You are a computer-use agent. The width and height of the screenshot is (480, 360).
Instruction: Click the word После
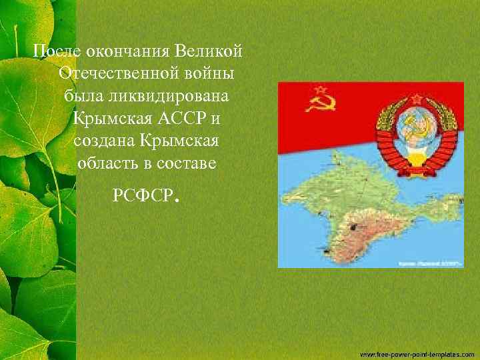point(51,51)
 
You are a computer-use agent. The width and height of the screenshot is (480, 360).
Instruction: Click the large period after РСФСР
point(177,199)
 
